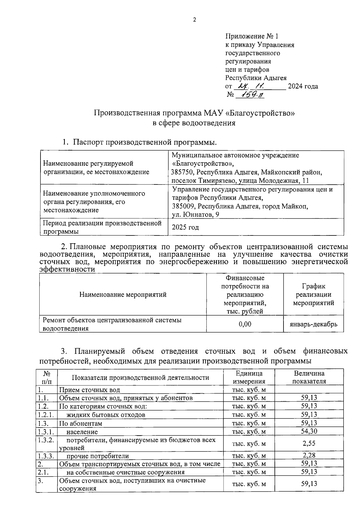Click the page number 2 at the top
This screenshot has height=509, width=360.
[x=194, y=20]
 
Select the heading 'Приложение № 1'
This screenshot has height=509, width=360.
[x=252, y=36]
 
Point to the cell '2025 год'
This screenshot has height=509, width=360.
[x=185, y=227]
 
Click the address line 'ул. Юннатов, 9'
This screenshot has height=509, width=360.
[x=195, y=214]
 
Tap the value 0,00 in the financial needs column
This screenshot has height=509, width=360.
[x=245, y=324]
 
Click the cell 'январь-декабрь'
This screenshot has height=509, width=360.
[x=313, y=324]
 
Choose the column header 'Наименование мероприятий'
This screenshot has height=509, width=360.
[x=123, y=295]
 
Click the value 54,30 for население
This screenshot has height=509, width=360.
[x=309, y=431]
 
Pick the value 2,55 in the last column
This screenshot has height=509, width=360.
[x=309, y=443]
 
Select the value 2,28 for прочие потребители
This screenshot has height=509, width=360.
[x=309, y=455]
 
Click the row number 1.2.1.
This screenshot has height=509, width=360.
[x=46, y=415]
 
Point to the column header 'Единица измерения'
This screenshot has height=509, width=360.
[x=249, y=377]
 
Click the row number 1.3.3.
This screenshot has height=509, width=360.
[x=46, y=456]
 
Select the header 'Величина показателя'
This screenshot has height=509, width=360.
[x=309, y=377]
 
